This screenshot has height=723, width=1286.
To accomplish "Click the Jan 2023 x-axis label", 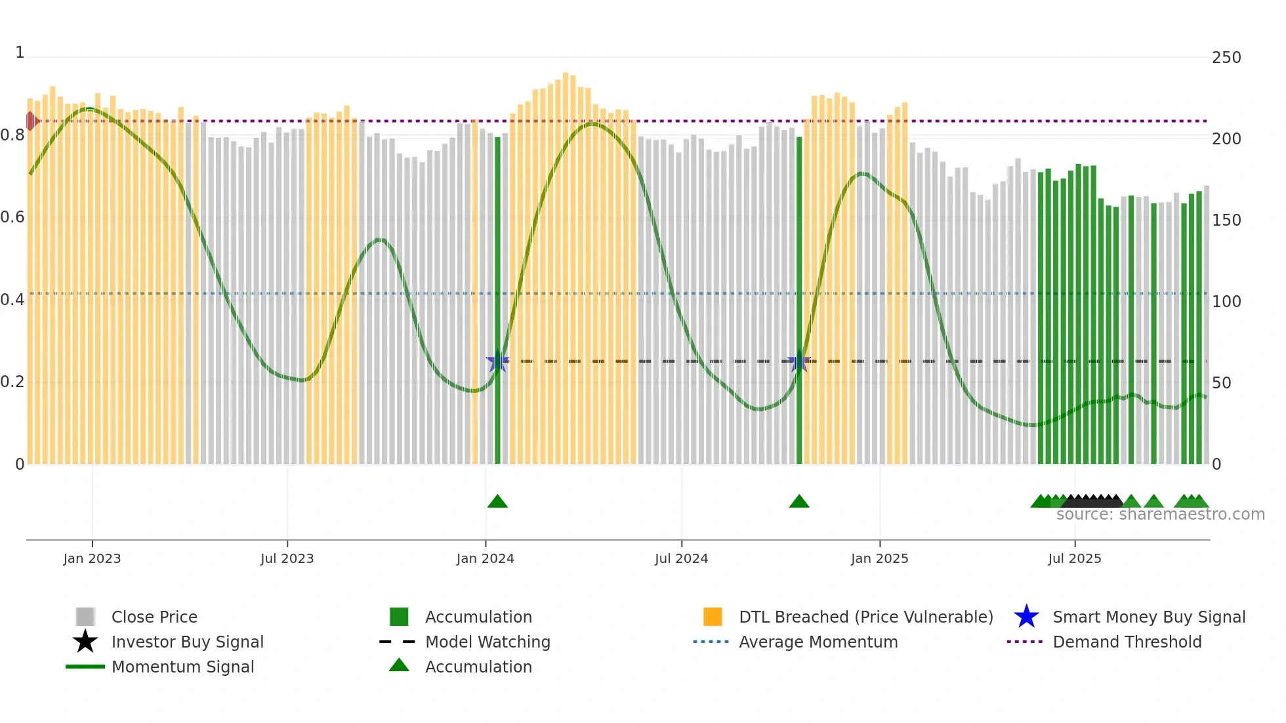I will (92, 558).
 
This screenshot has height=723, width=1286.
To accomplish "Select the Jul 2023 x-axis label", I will (287, 558).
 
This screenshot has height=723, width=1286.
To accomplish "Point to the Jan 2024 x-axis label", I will (485, 558).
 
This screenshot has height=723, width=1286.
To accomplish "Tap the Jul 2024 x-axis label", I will (681, 558).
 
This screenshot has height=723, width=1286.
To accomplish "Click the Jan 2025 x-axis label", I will (879, 558).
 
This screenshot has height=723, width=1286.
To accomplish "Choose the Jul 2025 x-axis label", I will (1074, 558).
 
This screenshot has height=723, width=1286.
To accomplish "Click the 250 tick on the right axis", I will (1226, 58).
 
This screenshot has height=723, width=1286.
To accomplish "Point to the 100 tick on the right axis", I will (1226, 302).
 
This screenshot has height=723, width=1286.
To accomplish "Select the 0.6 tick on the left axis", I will (12, 217).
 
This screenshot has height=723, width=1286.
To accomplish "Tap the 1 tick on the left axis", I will (20, 52).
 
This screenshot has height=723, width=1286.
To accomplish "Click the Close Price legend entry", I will (154, 617).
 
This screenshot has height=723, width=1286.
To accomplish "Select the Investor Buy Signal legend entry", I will (187, 642).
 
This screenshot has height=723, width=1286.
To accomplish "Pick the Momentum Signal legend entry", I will (182, 667).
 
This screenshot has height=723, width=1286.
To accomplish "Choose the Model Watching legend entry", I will (487, 642).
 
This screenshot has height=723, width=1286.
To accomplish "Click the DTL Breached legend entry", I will (865, 617).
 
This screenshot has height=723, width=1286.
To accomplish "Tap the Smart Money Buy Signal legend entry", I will (1148, 617).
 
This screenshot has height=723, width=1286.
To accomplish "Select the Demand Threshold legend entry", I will (1127, 642).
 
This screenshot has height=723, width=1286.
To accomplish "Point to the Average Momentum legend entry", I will (818, 642).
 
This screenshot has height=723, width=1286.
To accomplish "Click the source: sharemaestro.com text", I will (1160, 514).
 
